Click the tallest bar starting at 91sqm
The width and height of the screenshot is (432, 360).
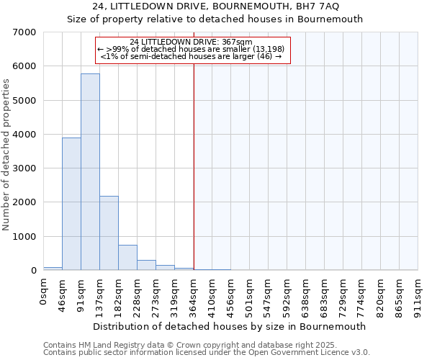pyautogui.click(x=90, y=173)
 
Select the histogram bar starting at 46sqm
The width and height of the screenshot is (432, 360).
pyautogui.click(x=71, y=204)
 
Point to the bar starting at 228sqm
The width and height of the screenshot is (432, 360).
pyautogui.click(x=146, y=265)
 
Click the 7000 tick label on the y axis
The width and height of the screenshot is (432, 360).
pyautogui.click(x=26, y=32)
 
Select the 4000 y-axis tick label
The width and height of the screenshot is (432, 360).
pyautogui.click(x=26, y=135)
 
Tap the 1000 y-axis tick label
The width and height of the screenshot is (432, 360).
pyautogui.click(x=26, y=237)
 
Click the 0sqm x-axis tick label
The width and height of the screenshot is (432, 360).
pyautogui.click(x=44, y=293)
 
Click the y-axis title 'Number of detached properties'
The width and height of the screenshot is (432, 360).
pyautogui.click(x=7, y=156)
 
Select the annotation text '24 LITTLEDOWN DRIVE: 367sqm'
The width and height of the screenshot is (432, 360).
pyautogui.click(x=192, y=42)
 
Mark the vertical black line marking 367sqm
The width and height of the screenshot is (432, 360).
pyautogui.click(x=194, y=166)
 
